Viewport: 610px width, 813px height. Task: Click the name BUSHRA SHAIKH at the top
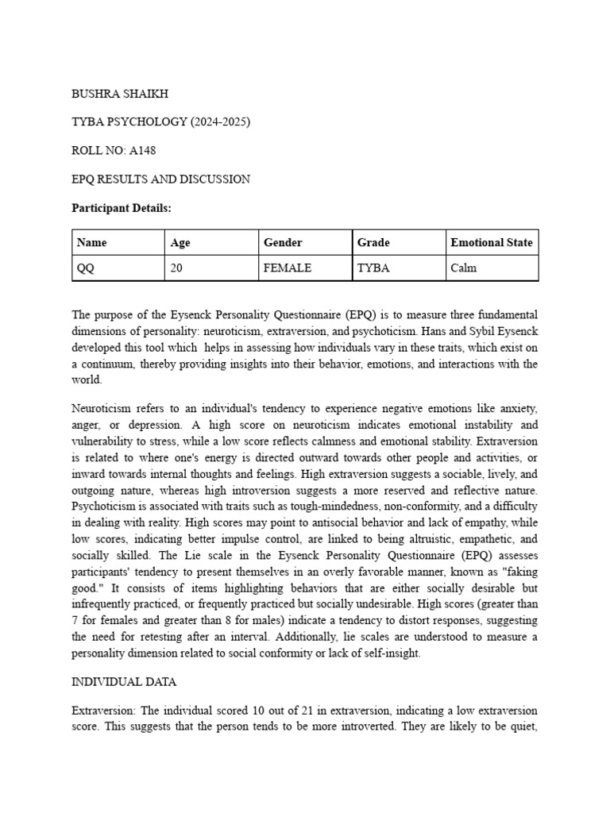coord(120,94)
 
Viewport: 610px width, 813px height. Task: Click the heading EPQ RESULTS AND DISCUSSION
coord(161,179)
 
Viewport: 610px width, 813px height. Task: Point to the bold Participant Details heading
coord(122,208)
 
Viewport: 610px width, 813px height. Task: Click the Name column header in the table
coord(92,243)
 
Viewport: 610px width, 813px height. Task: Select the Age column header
coord(180,243)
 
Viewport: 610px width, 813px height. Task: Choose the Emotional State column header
coord(491,243)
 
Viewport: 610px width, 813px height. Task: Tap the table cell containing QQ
coord(85,268)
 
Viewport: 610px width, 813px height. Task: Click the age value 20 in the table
coord(176,268)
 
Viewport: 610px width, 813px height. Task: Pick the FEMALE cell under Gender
coord(287,268)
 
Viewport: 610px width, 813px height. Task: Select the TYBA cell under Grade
coord(373,268)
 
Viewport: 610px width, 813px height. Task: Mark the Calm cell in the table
coord(463,268)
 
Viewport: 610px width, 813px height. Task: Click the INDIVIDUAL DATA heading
coord(124,682)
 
